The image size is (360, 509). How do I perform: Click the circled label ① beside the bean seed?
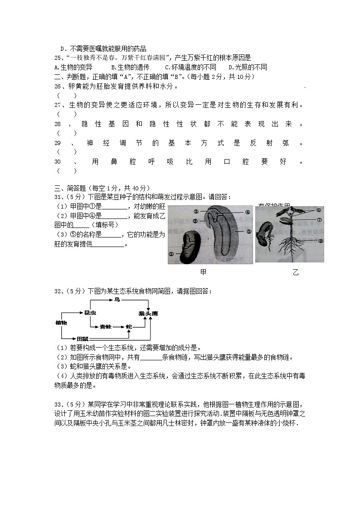coord(171,255)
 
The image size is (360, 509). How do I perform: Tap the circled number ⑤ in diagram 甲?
coord(249,231)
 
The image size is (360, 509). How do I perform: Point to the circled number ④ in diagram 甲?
coord(248,212)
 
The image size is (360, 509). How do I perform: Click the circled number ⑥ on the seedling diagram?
coord(319,210)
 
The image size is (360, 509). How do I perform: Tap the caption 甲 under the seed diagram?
coord(203,272)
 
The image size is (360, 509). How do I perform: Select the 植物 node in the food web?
coord(61,322)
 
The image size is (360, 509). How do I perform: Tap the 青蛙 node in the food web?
coord(106,326)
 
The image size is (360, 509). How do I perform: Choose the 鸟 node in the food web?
coord(117,300)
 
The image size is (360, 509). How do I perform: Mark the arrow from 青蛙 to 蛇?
coord(118,326)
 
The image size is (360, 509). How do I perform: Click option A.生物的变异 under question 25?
coord(73,67)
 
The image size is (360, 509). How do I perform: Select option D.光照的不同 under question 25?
coord(247,67)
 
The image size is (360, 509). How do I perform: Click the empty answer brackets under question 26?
coord(66,96)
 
